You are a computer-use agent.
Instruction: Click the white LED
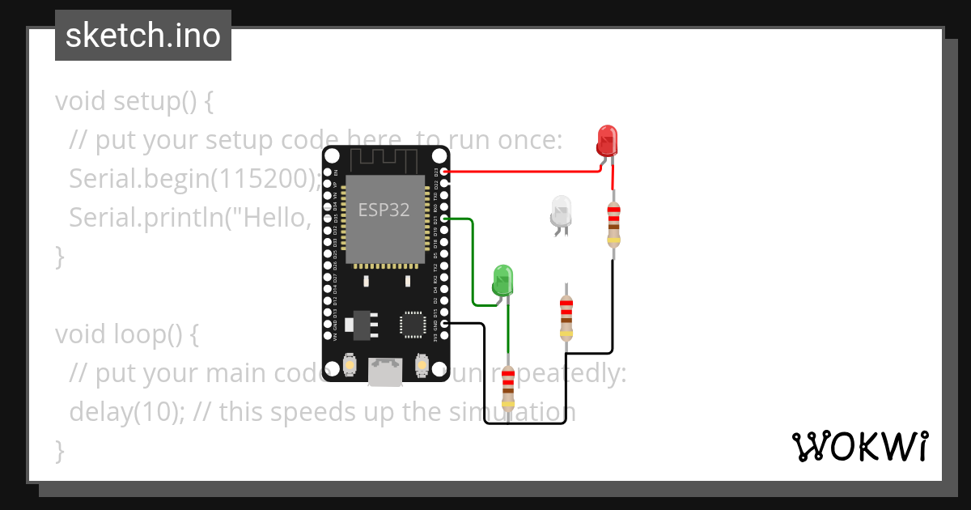pos(561,210)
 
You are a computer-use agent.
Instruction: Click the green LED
pos(502,280)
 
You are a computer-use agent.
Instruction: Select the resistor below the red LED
pos(613,223)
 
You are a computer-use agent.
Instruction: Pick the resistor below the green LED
pos(507,389)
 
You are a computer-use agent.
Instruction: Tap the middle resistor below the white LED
pos(566,317)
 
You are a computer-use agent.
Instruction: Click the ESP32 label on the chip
pos(384,210)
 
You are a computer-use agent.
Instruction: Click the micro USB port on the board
pos(384,372)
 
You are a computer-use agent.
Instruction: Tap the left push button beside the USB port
pos(350,366)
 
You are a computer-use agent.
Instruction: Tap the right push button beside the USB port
pos(420,366)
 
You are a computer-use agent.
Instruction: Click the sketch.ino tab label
pos(143,36)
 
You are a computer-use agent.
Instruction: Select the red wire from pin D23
pos(526,172)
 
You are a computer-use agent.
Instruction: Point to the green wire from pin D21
pos(472,259)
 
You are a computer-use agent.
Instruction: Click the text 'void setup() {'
pos(134,102)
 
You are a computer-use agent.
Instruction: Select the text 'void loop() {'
pos(126,334)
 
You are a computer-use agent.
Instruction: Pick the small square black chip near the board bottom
pos(413,324)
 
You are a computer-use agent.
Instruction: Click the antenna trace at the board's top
pos(384,159)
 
